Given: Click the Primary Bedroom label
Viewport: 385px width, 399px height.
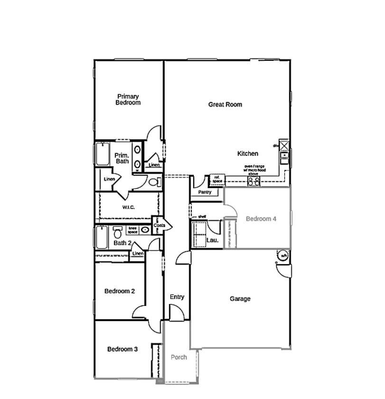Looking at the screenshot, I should (x=128, y=99).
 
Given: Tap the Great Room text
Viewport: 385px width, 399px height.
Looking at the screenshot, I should (x=225, y=104).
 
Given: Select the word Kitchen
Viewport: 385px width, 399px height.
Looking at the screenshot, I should (x=248, y=153).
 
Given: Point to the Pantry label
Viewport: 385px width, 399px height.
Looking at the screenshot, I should (x=205, y=192).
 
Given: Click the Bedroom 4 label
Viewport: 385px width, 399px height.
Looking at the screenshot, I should (x=261, y=219).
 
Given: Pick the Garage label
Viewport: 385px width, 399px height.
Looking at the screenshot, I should (x=240, y=299).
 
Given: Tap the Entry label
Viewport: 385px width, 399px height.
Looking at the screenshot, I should (x=177, y=297).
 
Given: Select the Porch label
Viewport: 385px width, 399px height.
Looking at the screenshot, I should (x=179, y=357).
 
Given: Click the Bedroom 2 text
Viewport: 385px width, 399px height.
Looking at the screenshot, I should (x=120, y=291).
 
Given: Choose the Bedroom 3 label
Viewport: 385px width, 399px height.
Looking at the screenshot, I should (x=122, y=349).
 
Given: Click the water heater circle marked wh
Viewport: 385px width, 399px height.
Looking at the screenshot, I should (x=284, y=255).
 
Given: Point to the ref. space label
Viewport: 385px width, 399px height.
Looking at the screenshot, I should (x=217, y=179).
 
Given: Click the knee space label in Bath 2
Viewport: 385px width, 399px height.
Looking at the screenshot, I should (x=132, y=230).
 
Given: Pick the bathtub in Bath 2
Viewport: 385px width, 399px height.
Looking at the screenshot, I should (x=102, y=237).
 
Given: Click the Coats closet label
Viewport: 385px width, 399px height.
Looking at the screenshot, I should (x=159, y=226).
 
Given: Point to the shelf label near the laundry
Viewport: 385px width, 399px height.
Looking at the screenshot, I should (x=202, y=217).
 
